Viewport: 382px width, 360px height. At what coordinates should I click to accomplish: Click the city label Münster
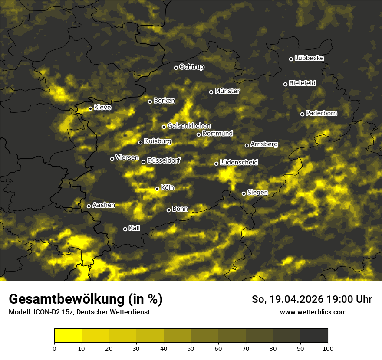click(227, 91)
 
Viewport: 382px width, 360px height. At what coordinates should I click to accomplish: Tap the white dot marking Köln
click(157, 189)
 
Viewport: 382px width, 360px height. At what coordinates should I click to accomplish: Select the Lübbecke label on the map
click(309, 58)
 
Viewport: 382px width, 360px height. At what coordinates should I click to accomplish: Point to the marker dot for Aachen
click(89, 206)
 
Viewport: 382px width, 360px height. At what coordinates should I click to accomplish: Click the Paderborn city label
click(321, 113)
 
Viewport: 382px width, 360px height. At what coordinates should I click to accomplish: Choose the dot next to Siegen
click(244, 193)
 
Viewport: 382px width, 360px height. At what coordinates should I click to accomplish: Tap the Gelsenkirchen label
click(189, 126)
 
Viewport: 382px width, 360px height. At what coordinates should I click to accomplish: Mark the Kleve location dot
click(90, 108)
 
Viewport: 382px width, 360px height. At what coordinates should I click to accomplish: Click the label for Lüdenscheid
click(239, 163)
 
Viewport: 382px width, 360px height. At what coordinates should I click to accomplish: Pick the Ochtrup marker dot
click(176, 68)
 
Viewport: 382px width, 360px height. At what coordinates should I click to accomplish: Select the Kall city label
click(135, 228)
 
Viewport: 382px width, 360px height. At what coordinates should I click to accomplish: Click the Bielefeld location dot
click(285, 84)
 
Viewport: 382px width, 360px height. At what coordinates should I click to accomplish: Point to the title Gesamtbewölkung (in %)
click(86, 299)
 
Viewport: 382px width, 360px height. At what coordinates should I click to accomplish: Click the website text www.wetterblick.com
click(313, 312)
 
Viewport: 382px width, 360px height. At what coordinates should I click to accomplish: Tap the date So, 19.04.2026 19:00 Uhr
click(312, 299)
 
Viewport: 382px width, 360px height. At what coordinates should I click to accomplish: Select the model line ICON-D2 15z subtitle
click(79, 312)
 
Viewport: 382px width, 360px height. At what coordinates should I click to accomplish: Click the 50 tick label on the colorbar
click(191, 348)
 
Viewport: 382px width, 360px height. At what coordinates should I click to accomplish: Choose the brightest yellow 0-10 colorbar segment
click(68, 335)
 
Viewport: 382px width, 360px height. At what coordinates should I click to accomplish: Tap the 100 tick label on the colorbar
click(328, 348)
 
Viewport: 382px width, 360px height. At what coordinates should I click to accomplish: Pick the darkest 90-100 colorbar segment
click(314, 335)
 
